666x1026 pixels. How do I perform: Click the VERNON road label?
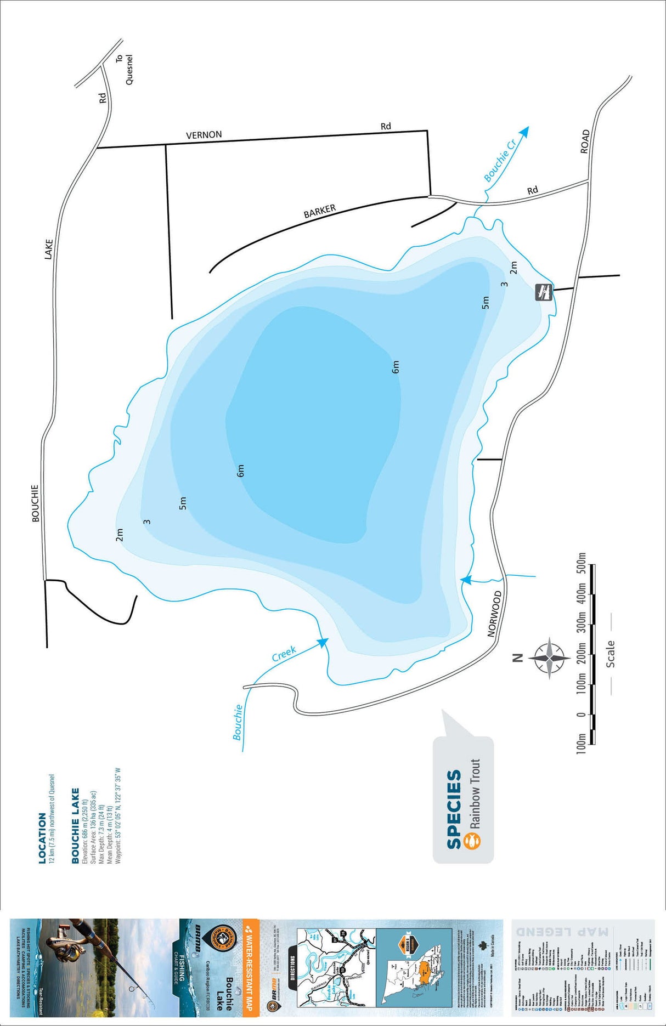[204, 135]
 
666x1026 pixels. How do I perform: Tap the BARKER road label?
[319, 212]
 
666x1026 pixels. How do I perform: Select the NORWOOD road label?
[494, 614]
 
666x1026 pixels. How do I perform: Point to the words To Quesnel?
[125, 69]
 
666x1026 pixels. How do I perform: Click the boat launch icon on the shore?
[544, 292]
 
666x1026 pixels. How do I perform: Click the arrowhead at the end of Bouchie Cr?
[525, 132]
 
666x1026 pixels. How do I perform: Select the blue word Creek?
[284, 653]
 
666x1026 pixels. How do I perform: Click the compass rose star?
[549, 658]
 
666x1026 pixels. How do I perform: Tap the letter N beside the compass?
[517, 658]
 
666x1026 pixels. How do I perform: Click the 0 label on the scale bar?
[582, 715]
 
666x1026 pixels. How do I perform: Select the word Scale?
[610, 654]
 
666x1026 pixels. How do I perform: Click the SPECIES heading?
[454, 809]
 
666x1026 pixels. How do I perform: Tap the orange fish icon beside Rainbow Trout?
[472, 841]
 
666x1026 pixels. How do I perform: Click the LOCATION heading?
[42, 838]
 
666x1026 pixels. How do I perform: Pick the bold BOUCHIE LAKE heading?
[75, 826]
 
